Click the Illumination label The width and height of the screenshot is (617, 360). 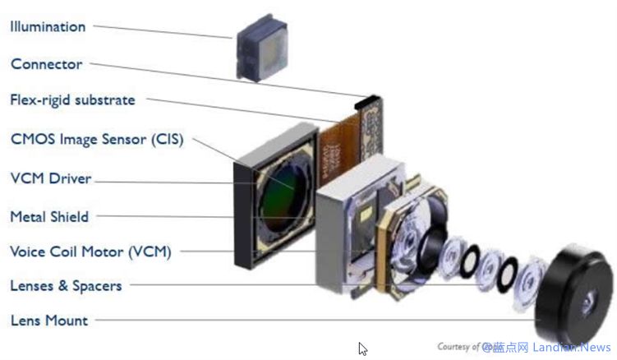48,26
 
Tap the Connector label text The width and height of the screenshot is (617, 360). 46,63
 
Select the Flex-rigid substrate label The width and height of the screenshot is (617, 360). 72,100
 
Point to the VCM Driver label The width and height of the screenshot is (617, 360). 50,178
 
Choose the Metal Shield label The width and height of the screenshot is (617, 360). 48,216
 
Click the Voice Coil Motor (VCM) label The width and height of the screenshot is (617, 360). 90,252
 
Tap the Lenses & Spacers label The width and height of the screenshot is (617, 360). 66,286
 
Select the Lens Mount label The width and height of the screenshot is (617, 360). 48,320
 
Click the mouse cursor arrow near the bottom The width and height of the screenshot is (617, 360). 362,348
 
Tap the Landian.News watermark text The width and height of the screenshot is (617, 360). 576,348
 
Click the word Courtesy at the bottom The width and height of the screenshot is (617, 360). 453,347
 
